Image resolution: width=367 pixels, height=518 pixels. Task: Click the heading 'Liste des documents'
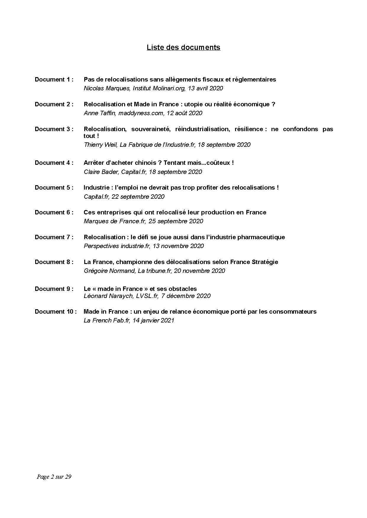[x=183, y=48]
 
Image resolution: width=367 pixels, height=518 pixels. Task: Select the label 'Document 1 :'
[x=54, y=79]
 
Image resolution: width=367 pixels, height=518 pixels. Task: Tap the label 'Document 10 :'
[x=56, y=312]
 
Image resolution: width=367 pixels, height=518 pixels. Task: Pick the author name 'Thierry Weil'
[x=100, y=145]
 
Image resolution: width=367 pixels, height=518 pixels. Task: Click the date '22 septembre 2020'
[x=138, y=197]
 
